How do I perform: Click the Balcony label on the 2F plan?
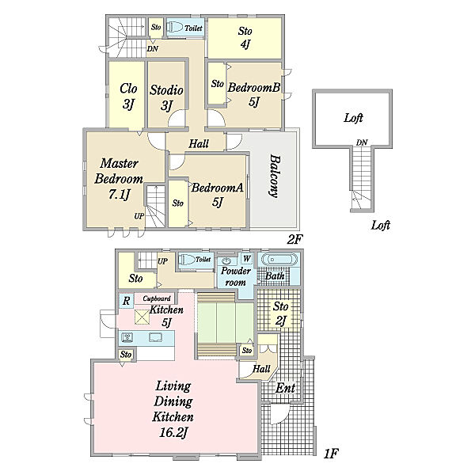275,177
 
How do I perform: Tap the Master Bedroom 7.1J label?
119,179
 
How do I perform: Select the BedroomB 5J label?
254,94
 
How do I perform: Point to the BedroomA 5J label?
217,194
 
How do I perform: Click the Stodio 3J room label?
166,97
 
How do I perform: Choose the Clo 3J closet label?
128,96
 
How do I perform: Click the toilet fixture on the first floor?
186,260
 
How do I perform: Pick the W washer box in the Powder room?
247,259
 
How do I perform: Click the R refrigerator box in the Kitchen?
126,301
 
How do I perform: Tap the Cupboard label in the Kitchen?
157,298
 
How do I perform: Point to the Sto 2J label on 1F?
280,313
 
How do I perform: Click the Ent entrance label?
285,388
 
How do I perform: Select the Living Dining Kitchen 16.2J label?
173,409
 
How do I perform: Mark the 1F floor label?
330,454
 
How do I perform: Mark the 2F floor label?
294,240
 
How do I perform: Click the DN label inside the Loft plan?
362,142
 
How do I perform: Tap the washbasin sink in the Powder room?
226,260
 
